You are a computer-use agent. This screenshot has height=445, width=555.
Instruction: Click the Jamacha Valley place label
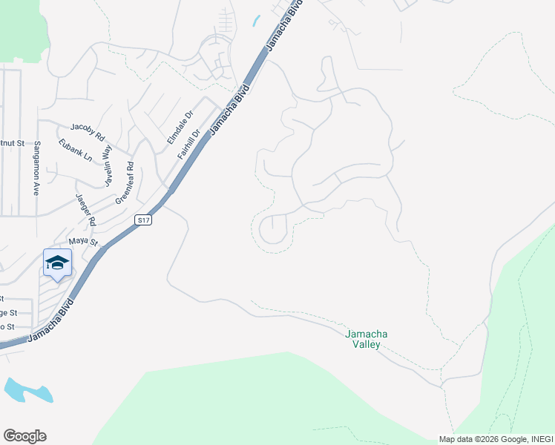[367, 339]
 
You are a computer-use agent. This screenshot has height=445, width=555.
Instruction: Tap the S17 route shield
[144, 220]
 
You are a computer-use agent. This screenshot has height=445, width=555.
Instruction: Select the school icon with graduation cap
[58, 263]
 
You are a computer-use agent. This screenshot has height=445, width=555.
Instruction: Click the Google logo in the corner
[24, 436]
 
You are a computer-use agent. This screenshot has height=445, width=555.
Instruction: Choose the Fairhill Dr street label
[189, 145]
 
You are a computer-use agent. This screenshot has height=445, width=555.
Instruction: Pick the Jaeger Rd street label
[86, 210]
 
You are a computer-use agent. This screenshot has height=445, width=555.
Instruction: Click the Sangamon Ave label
[36, 168]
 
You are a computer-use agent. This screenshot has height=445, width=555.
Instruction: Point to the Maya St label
[83, 241]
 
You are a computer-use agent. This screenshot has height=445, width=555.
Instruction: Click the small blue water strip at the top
[256, 21]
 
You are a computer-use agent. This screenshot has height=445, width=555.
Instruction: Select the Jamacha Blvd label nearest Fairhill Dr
[229, 110]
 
